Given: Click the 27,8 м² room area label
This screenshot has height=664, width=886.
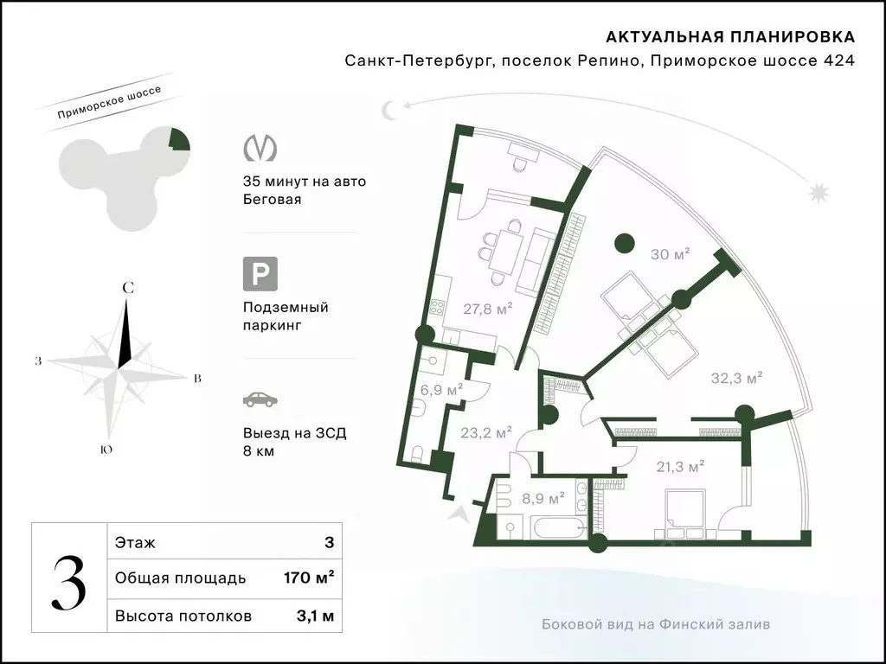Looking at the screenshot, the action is (x=488, y=309).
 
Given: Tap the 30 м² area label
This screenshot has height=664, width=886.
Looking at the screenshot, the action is (x=670, y=254).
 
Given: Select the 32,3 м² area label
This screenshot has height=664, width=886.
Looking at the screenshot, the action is (x=736, y=378).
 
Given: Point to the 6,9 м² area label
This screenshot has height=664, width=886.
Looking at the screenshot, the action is (x=441, y=390).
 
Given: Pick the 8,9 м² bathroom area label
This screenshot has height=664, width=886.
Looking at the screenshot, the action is (x=543, y=498).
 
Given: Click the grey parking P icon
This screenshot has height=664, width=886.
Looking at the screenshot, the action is (x=260, y=275).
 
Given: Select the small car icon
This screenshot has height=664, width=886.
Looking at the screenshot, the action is (x=260, y=400).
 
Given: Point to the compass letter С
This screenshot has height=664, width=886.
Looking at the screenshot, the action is (x=126, y=287).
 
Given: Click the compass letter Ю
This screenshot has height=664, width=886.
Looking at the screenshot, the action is (x=104, y=450).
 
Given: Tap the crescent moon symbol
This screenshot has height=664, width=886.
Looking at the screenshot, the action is (x=391, y=110).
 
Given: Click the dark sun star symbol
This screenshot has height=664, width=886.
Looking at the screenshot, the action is (x=819, y=189).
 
